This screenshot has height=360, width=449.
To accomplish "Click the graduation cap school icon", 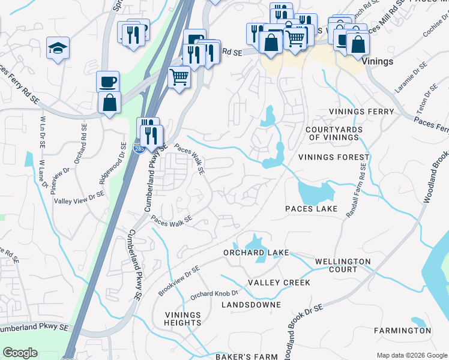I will coord(58,48).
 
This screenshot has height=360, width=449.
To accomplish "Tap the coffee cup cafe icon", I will coord(108,81).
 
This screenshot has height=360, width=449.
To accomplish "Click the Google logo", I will coord(20,353).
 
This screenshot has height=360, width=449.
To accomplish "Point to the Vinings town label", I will coord(378,61).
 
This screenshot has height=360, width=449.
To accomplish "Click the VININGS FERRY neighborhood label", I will coord(361,112).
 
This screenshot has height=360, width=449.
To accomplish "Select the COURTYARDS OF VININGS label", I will coord(336,134).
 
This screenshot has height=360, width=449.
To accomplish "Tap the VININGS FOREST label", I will coord(334,157).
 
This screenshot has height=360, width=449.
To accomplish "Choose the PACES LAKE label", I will coord(312,209).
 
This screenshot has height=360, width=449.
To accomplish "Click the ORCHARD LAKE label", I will coord(256,253).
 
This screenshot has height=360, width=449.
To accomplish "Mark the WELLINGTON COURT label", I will coord(343,266).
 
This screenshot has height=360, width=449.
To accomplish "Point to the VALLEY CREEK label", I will coord(279,283).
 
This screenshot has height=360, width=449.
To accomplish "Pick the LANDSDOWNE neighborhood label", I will coord(251,305).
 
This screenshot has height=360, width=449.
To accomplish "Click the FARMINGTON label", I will coord(402,331).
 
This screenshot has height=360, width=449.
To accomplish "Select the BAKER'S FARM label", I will coord(247,356).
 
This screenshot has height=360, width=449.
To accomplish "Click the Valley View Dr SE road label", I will coord(79,198).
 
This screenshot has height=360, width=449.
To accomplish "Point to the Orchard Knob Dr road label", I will coord(214,295).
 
